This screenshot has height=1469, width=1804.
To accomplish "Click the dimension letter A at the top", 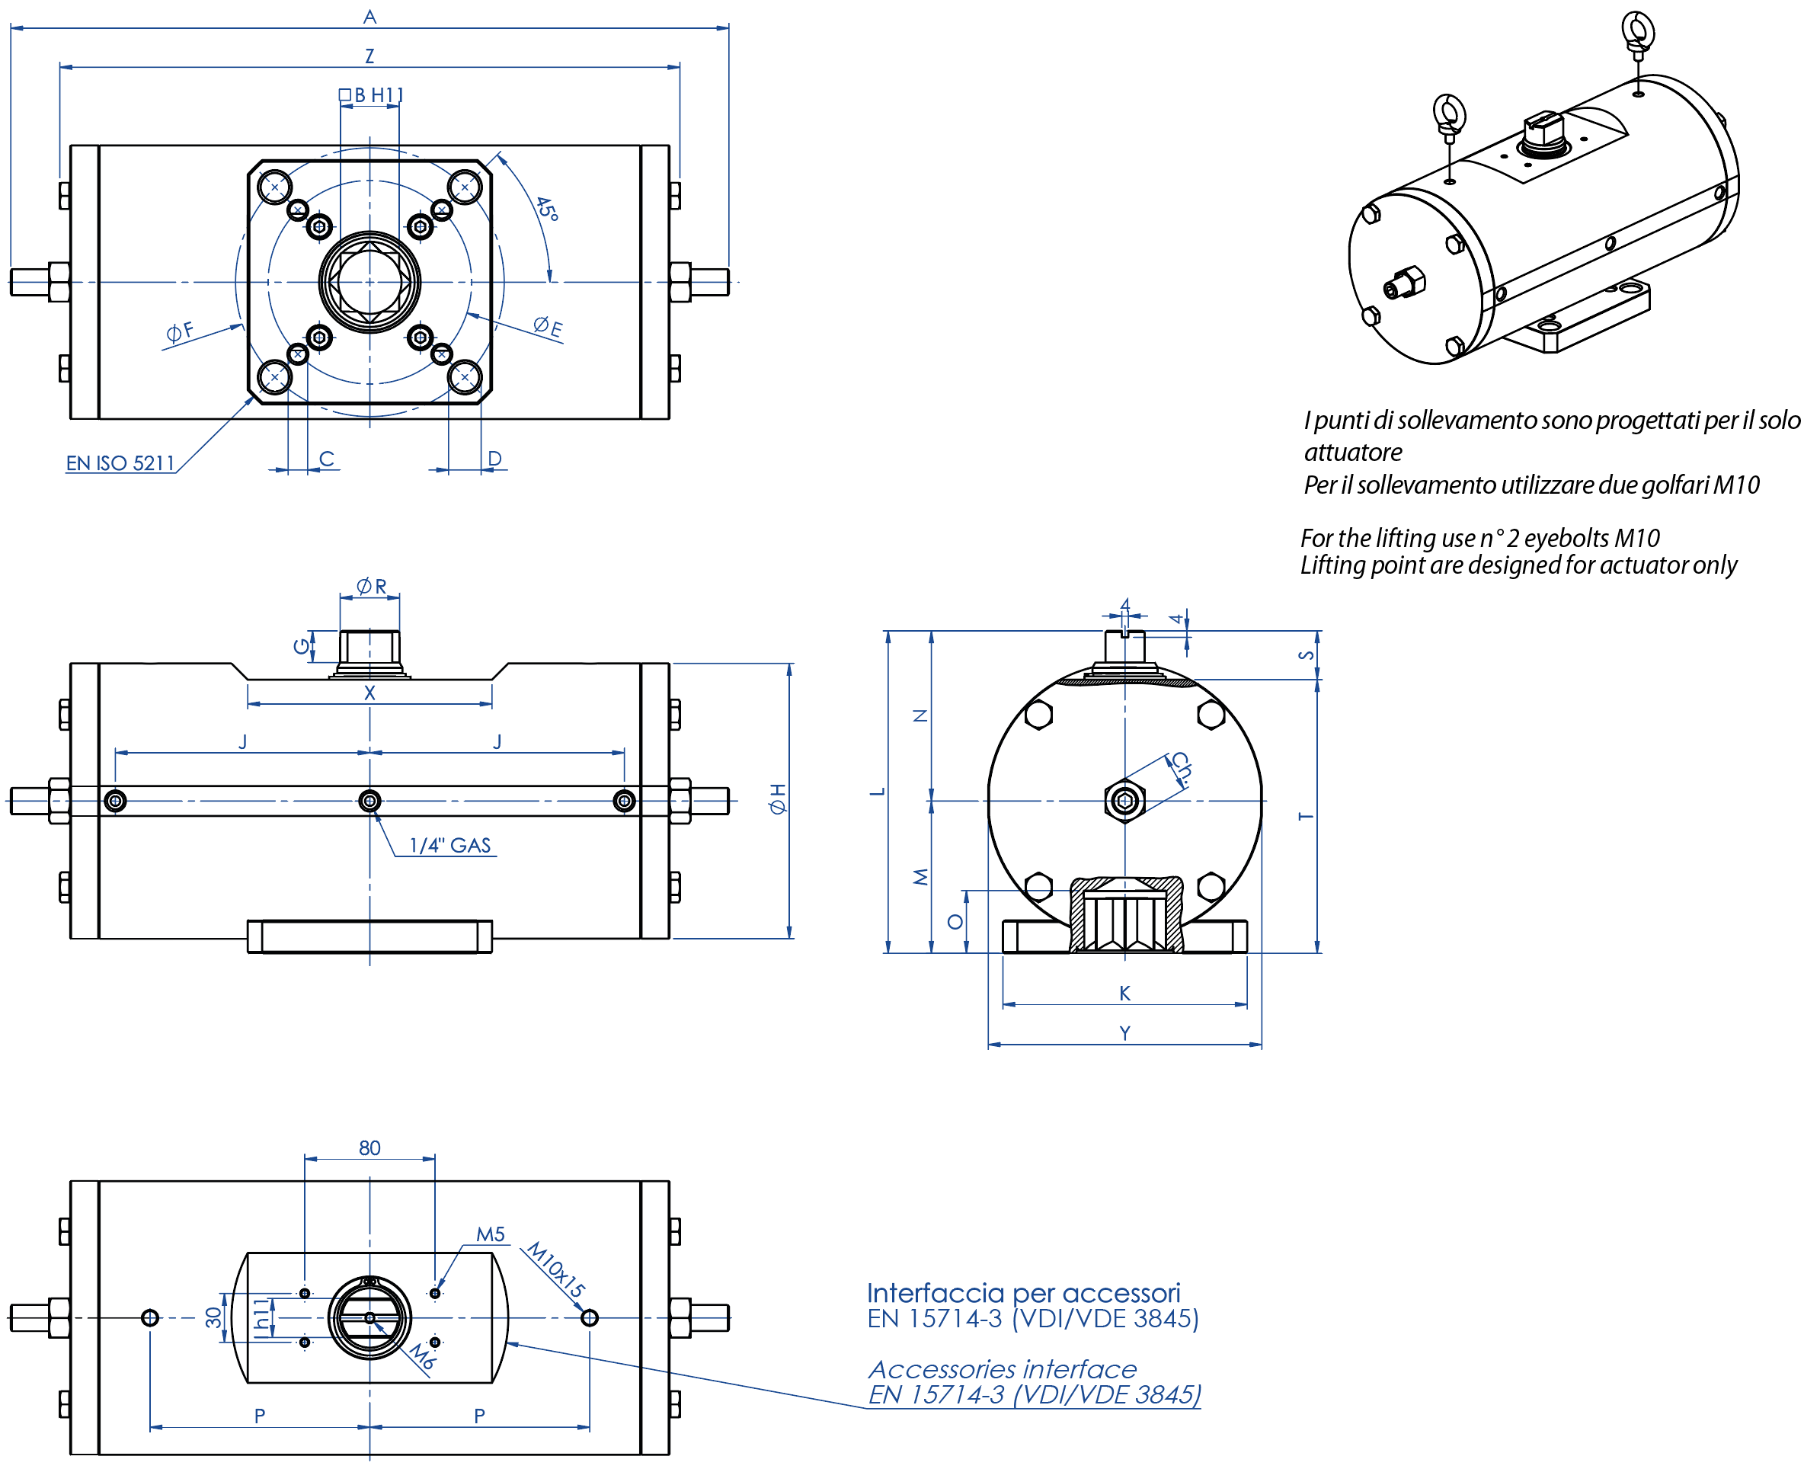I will coord(369,16).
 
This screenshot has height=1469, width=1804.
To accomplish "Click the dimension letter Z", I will coord(369,56).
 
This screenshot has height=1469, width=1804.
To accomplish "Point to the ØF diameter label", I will coord(179,331).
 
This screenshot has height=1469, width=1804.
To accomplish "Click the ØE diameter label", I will coord(548,326).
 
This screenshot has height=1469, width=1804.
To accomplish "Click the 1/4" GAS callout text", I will coord(449,844).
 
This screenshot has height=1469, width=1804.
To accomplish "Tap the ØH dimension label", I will coord(777,799).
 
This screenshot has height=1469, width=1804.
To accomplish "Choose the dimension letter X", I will coord(369,692).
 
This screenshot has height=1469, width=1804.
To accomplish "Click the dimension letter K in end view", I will coord(1124,993).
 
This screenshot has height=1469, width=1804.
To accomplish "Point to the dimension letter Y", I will coord(1124,1032).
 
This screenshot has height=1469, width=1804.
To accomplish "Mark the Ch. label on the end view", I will coord(1180,768).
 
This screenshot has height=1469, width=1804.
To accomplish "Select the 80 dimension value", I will coord(369,1147).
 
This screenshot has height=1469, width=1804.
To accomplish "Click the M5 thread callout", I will coord(490,1234).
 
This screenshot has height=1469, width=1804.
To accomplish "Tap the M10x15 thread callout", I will coord(555,1269).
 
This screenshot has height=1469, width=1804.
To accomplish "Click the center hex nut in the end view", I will coord(1124,800).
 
